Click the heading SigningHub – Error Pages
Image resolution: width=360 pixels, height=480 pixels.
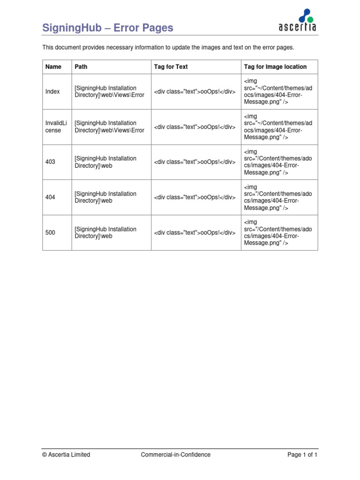tap(108, 28)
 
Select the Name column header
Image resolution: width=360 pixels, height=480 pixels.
tap(53, 67)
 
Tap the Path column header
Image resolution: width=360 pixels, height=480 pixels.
tap(81, 67)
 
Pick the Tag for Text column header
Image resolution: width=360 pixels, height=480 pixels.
tap(171, 67)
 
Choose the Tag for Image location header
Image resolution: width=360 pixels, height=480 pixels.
tap(275, 67)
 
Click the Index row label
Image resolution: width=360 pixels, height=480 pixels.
tap(52, 92)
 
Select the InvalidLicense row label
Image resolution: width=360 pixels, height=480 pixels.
tap(56, 127)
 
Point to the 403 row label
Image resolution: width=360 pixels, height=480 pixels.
tap(50, 162)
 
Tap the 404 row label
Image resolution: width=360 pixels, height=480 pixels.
tap(50, 197)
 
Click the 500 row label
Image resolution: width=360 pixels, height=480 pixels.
tap(50, 232)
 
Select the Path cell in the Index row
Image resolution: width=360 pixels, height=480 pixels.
tap(110, 92)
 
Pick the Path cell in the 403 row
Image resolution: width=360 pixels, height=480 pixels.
tap(105, 162)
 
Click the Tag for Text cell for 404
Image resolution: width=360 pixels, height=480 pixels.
tap(195, 197)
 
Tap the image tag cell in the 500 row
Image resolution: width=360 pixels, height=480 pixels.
tap(277, 232)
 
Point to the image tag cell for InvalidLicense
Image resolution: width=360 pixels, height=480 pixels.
tap(277, 127)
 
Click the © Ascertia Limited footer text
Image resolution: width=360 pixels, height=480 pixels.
tap(66, 455)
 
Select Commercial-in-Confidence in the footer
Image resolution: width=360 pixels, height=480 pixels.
tap(176, 455)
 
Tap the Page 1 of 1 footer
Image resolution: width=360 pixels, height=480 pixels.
tap(302, 455)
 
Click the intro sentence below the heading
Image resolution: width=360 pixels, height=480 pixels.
tap(168, 48)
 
